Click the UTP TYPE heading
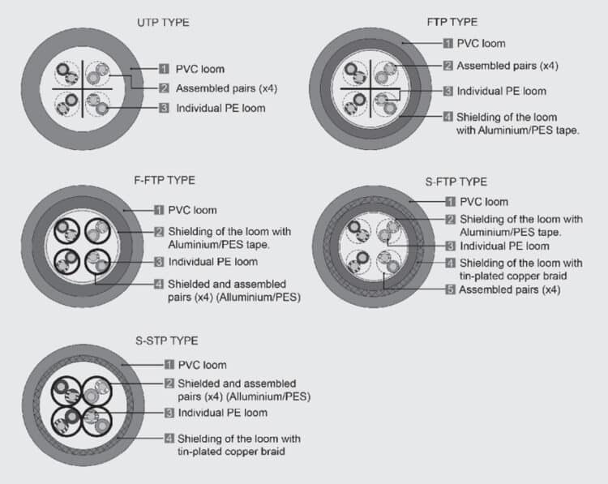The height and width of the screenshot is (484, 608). click(162, 23)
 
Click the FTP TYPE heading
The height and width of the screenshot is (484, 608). click(452, 22)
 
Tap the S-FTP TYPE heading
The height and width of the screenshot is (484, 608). click(455, 182)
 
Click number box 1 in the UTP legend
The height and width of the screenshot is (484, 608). click(164, 69)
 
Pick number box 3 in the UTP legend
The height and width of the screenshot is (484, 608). click(164, 107)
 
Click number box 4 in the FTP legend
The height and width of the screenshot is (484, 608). click(448, 117)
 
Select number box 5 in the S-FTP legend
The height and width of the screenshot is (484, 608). click(451, 289)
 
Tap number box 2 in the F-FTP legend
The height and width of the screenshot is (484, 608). click(160, 232)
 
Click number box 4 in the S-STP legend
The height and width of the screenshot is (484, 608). click(169, 438)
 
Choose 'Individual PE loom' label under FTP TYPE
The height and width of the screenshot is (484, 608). click(501, 91)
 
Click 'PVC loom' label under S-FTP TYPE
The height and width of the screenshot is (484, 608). click(484, 202)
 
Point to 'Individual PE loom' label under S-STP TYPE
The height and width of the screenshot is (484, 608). click(222, 413)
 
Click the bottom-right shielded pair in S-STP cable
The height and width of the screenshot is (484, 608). click(97, 420)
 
